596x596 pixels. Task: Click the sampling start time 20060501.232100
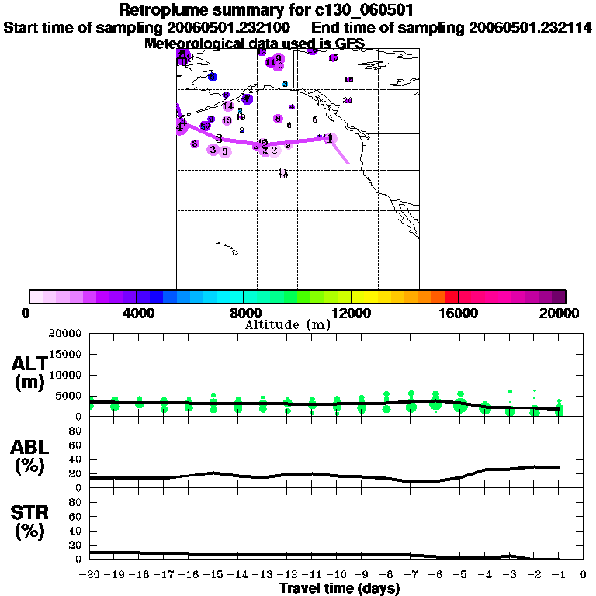(x=230, y=28)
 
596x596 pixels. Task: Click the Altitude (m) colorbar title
(x=288, y=324)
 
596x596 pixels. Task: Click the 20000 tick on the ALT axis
(x=65, y=334)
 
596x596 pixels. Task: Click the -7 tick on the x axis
(x=411, y=575)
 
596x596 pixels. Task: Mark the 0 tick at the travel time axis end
(x=584, y=575)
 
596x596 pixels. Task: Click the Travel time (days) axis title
(x=339, y=589)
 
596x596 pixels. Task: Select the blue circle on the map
(x=212, y=76)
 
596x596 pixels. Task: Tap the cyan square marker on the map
(x=286, y=84)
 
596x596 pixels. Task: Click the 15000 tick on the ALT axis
(x=65, y=355)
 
